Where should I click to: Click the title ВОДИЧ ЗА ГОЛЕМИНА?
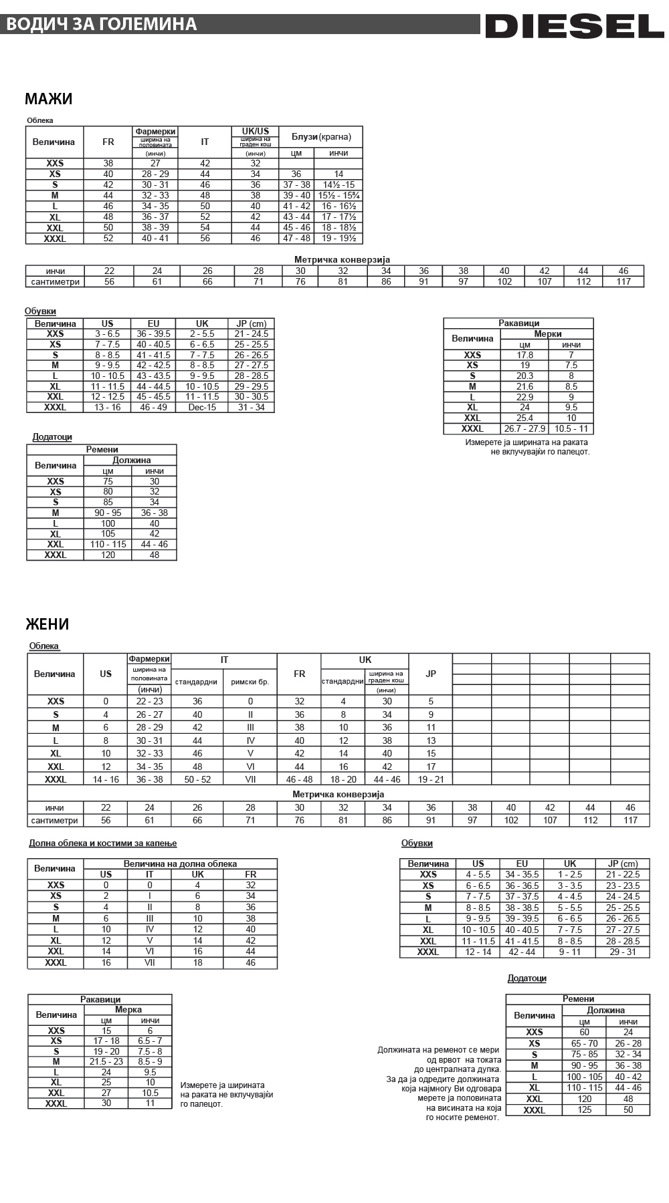(x=101, y=24)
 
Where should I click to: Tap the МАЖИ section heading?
(x=48, y=99)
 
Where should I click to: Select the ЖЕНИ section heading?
(x=47, y=624)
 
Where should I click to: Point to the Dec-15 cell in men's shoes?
(x=202, y=407)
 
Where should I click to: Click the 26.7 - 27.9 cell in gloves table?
(x=524, y=428)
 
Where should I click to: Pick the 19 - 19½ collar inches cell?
(x=339, y=238)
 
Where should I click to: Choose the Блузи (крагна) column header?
(x=321, y=137)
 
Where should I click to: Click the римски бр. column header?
(x=250, y=682)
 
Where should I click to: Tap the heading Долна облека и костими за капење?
(x=103, y=843)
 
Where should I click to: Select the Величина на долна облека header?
(x=180, y=863)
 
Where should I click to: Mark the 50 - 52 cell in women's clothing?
(x=197, y=779)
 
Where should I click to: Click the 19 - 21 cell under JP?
(x=431, y=779)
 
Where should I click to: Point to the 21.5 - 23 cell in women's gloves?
(x=106, y=1061)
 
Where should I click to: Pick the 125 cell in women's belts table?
(x=584, y=1109)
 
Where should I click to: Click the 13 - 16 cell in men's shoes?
(x=108, y=407)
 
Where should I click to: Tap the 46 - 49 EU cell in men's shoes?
(x=153, y=407)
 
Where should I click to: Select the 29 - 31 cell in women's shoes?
(x=623, y=952)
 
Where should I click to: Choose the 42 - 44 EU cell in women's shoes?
(x=522, y=952)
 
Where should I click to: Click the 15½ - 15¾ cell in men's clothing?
(x=339, y=195)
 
